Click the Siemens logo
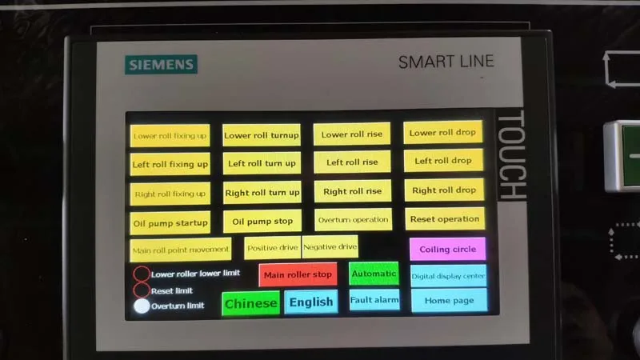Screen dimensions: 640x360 tap(161, 64)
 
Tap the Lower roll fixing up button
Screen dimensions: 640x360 tap(170, 135)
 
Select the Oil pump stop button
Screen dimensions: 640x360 tap(262, 221)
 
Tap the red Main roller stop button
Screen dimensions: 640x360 tap(298, 274)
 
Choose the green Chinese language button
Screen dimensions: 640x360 tap(250, 303)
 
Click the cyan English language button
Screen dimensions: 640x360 tap(311, 302)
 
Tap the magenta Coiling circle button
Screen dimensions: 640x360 tap(447, 249)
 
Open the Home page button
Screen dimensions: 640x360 tap(449, 300)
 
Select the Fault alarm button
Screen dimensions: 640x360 tap(374, 300)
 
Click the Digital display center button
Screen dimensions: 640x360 tap(448, 276)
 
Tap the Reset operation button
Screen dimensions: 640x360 tap(444, 218)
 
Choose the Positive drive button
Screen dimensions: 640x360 tap(272, 247)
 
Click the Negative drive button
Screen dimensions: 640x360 tap(330, 246)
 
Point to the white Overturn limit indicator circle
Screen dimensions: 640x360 tap(142, 306)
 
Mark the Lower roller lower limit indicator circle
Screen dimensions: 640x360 tap(141, 274)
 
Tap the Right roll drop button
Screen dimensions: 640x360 tap(444, 190)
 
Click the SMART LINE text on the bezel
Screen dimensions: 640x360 tap(446, 62)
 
